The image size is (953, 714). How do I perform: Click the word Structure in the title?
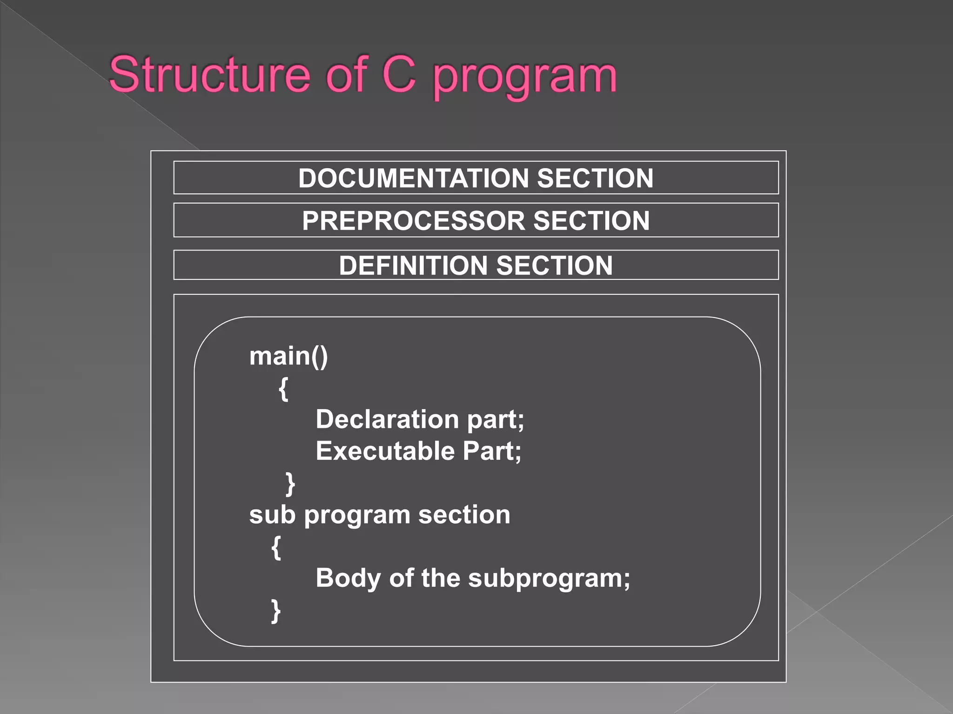(x=209, y=74)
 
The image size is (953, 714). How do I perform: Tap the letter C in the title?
(x=399, y=74)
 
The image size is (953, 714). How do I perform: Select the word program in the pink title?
(x=525, y=77)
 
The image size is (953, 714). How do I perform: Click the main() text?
(x=289, y=357)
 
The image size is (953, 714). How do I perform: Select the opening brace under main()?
(x=283, y=389)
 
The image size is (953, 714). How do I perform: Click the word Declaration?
(x=388, y=419)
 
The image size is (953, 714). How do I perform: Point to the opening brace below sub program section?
(x=276, y=547)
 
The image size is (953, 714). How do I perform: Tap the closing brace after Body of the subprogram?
(x=276, y=610)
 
